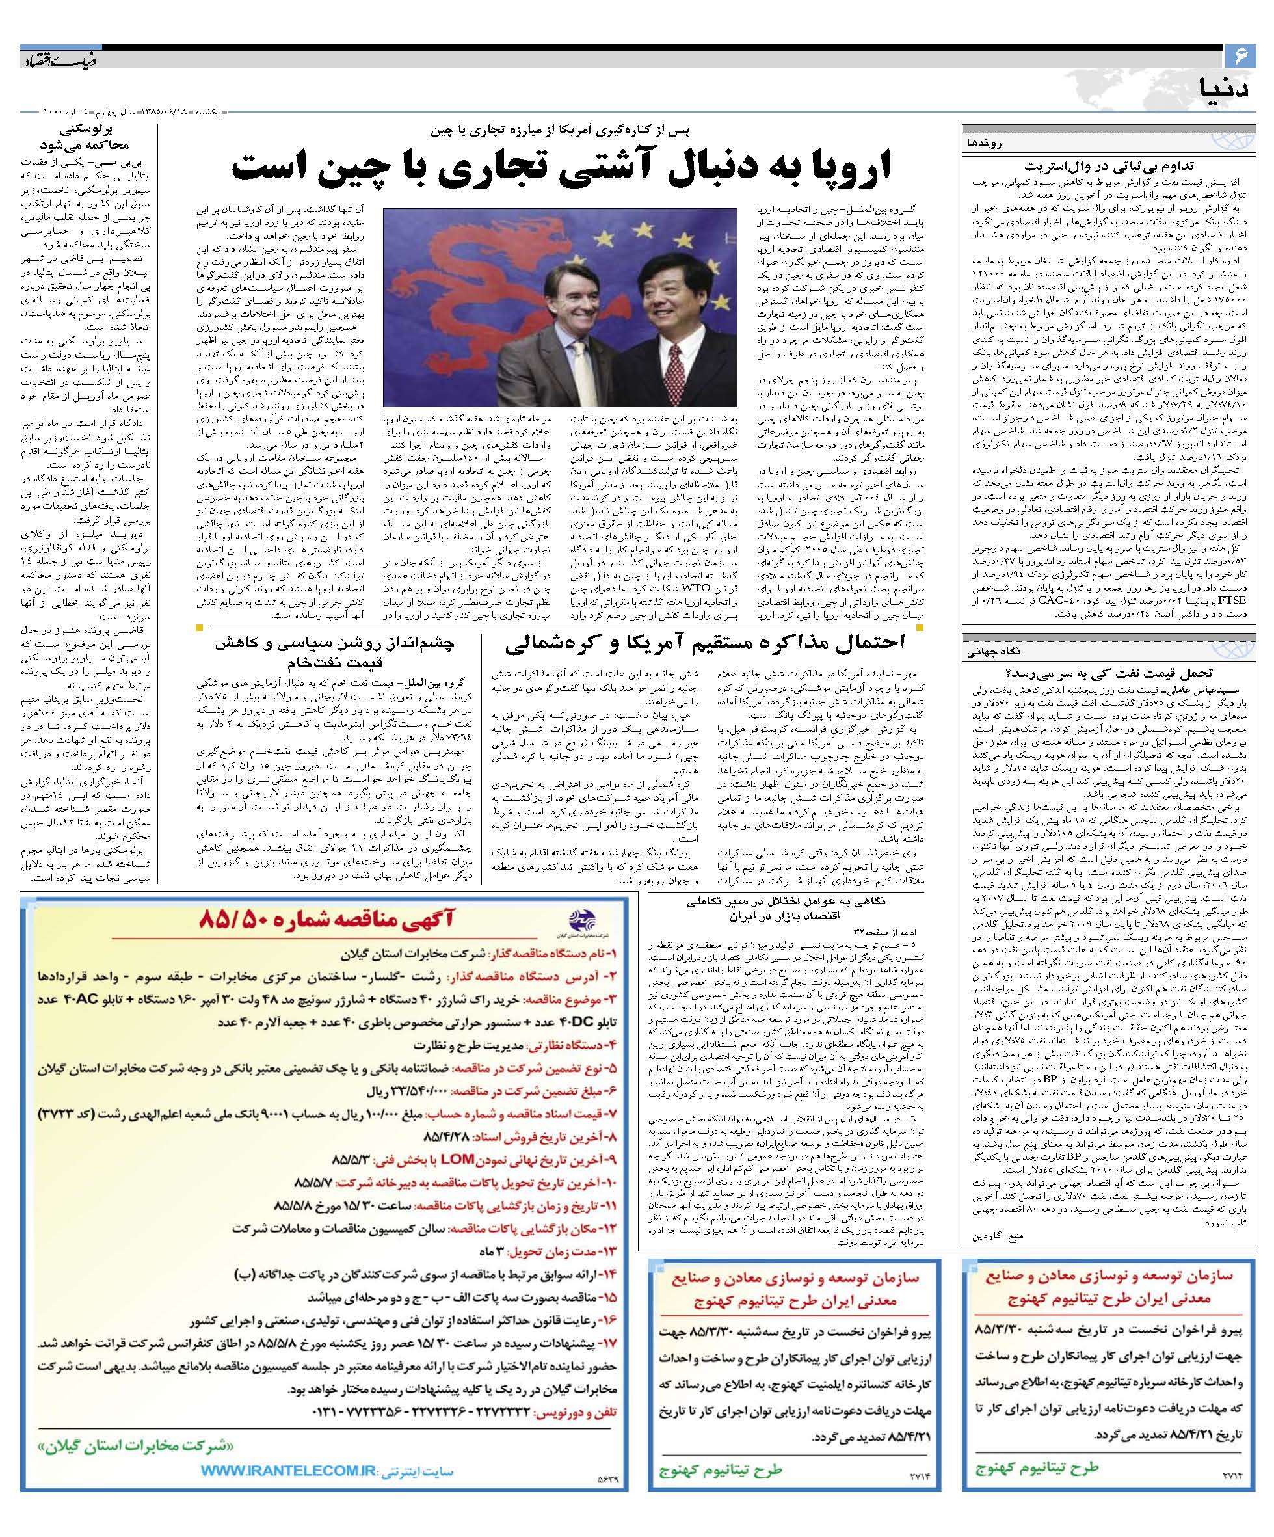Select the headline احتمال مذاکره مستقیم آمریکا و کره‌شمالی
pos(705,643)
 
